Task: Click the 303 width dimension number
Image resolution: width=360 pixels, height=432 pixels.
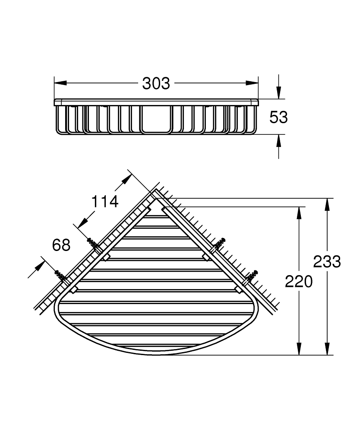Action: pyautogui.click(x=156, y=83)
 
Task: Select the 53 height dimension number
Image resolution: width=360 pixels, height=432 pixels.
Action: pyautogui.click(x=278, y=117)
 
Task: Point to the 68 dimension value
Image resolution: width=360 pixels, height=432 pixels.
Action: pyautogui.click(x=61, y=245)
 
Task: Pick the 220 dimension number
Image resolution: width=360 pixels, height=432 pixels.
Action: pyautogui.click(x=298, y=282)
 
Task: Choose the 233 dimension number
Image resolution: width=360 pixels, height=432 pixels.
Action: pyautogui.click(x=327, y=262)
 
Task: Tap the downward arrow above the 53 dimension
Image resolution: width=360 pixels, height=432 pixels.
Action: pyautogui.click(x=279, y=93)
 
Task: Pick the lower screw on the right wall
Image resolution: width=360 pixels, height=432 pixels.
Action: pyautogui.click(x=251, y=276)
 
